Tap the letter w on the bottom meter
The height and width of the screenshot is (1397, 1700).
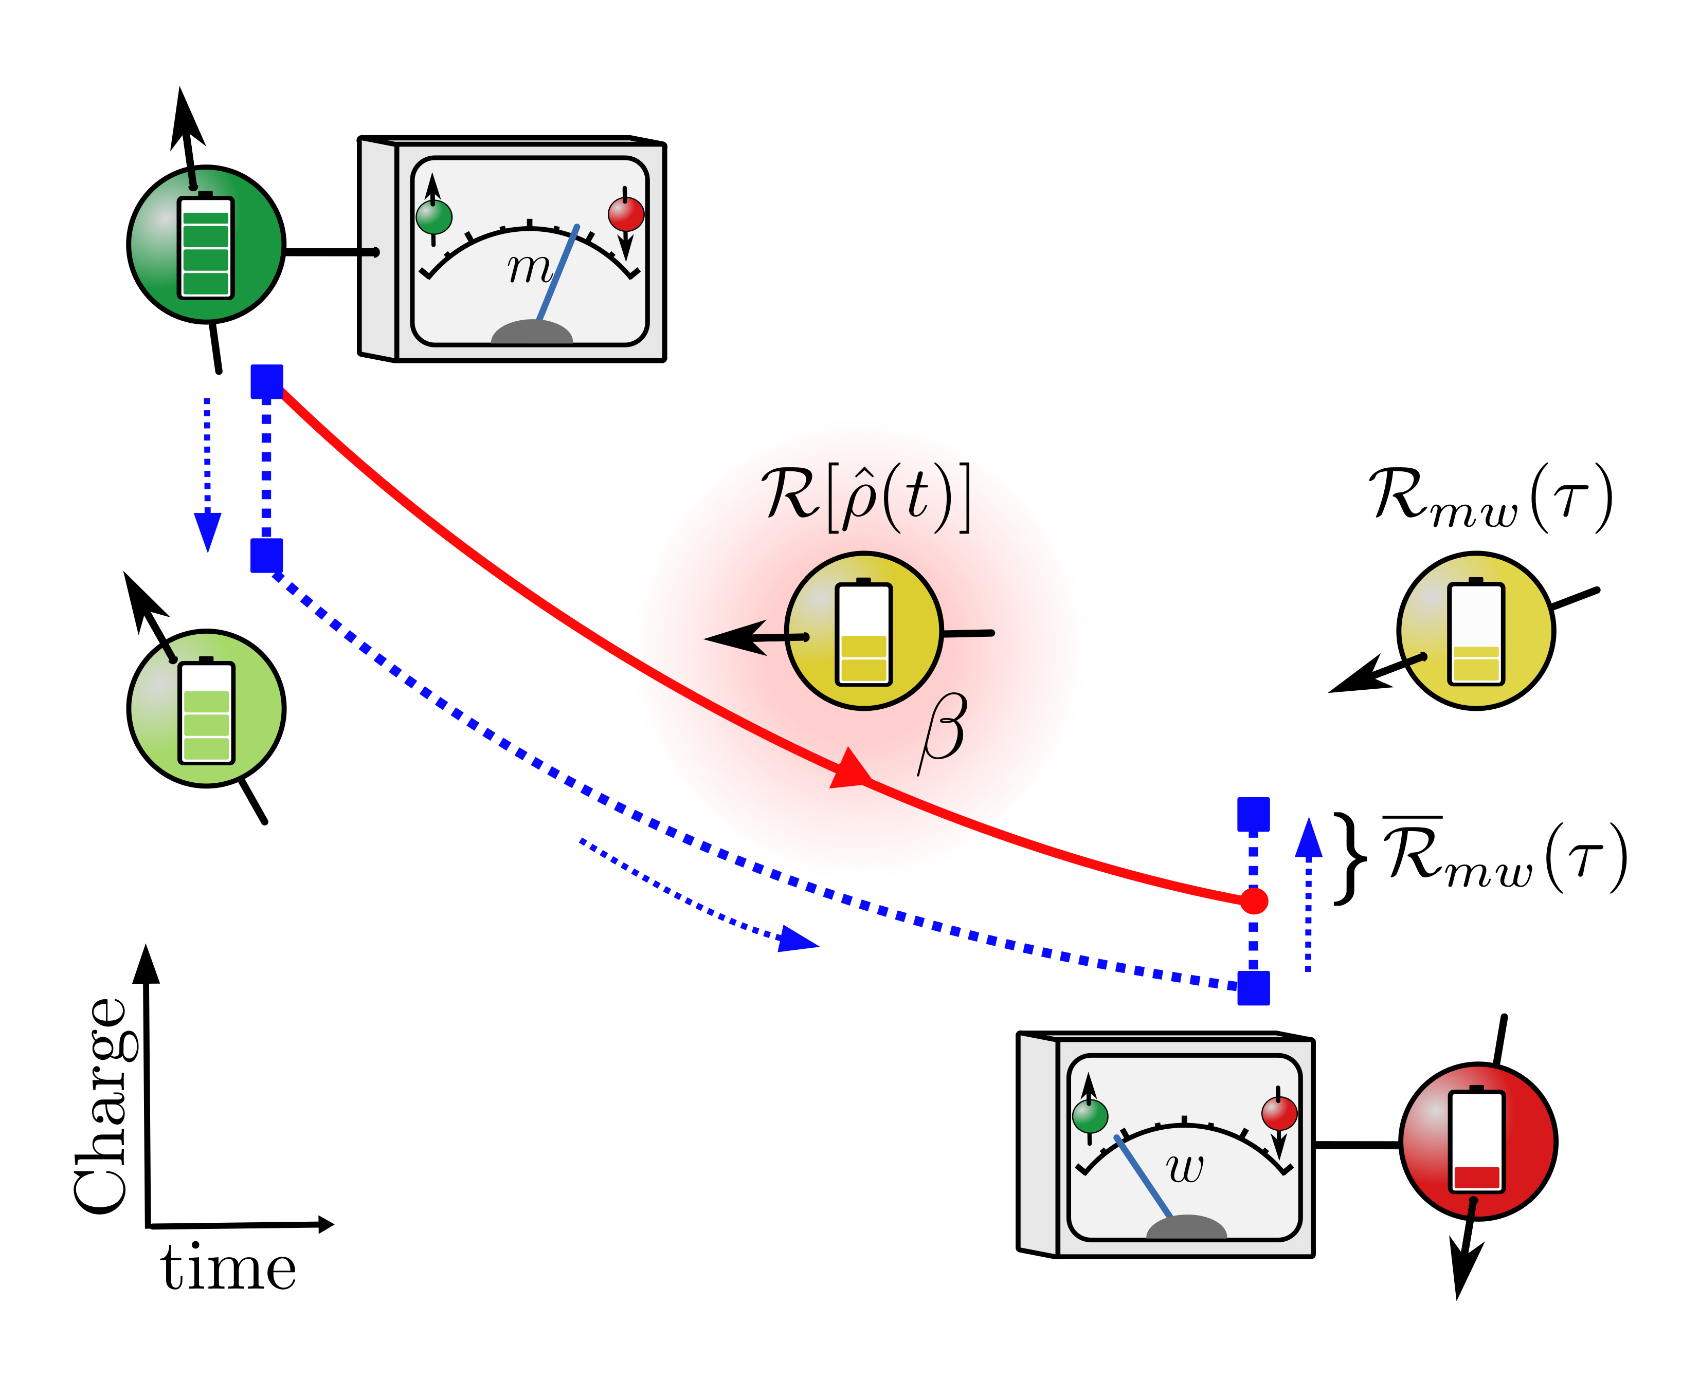(x=1185, y=1167)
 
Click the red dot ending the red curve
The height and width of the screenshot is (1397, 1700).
(x=1253, y=900)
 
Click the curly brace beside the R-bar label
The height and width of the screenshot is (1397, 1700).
(x=1351, y=859)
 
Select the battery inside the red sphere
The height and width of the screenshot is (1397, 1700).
(x=1476, y=1141)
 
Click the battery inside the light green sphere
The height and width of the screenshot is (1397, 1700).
(x=207, y=712)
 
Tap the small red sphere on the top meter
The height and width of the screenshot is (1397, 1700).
(x=625, y=214)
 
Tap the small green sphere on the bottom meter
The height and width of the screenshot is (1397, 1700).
(x=1091, y=1117)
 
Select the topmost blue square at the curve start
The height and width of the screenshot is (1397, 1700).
(x=266, y=381)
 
